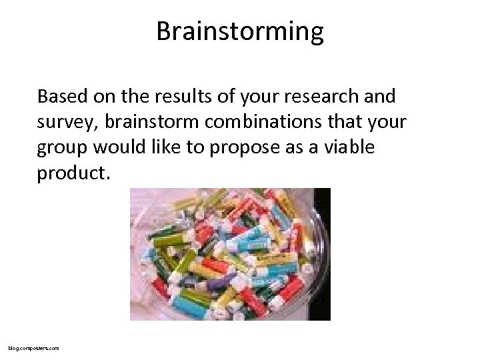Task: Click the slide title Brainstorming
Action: pyautogui.click(x=240, y=32)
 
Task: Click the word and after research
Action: pyautogui.click(x=380, y=97)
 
